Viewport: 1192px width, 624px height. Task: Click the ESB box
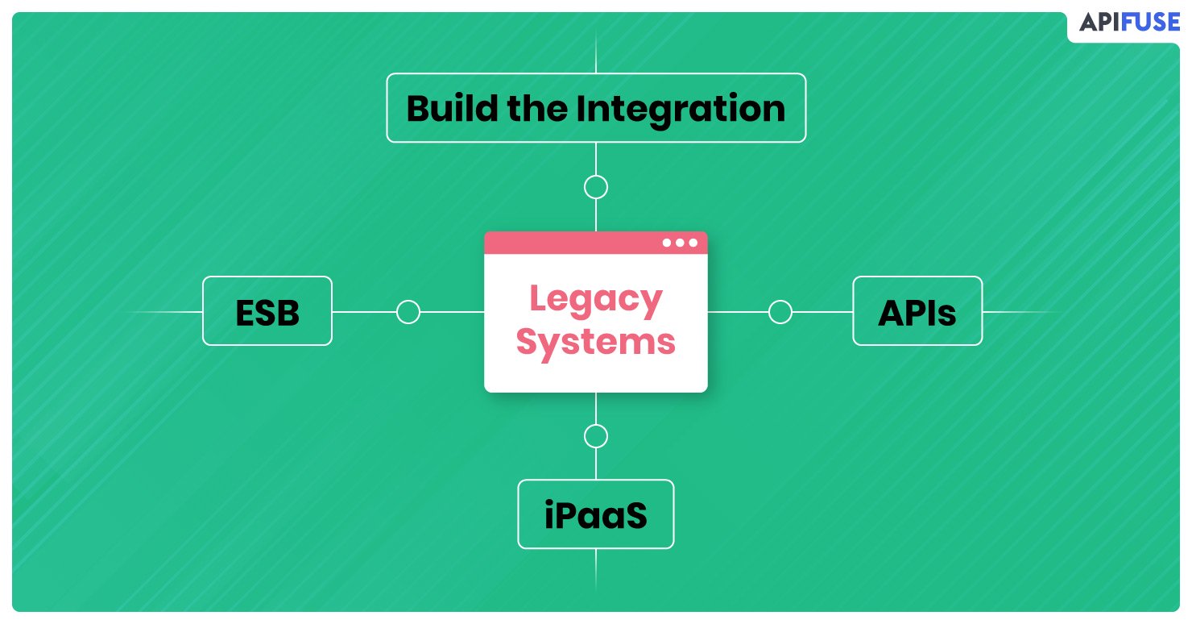click(267, 311)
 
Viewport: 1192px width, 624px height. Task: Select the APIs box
click(917, 311)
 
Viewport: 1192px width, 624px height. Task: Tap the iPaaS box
click(595, 514)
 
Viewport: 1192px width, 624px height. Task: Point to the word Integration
click(681, 110)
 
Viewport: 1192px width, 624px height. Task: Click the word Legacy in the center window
click(596, 300)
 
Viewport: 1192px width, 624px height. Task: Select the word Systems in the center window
click(595, 343)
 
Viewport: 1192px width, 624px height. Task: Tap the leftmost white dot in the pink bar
click(667, 243)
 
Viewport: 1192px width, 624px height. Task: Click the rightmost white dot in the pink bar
click(693, 243)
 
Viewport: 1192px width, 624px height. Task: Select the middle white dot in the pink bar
click(680, 243)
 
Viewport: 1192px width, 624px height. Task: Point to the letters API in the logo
click(1099, 22)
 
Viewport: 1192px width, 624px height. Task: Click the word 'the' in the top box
click(537, 108)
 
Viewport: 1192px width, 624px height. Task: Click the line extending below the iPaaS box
click(595, 570)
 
